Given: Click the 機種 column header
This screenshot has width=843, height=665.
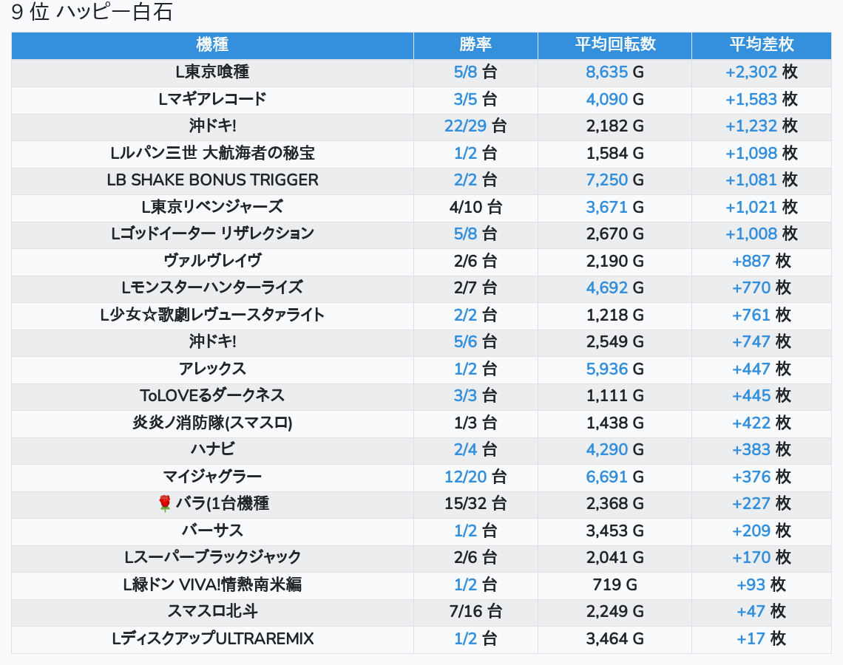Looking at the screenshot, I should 212,45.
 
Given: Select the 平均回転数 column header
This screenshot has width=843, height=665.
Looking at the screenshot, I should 615,45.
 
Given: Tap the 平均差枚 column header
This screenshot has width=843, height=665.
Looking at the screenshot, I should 761,45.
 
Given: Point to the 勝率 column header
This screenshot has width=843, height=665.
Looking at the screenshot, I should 475,45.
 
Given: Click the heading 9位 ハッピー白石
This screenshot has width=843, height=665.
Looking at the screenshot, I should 92,13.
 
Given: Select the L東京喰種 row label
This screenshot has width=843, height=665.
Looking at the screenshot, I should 212,72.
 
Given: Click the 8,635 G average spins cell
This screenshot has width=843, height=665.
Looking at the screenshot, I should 615,72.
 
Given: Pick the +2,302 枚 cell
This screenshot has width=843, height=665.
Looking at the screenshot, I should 761,72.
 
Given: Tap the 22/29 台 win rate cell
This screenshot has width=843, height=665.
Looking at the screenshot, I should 475,126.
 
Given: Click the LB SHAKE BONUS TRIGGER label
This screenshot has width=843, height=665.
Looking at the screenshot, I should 212,180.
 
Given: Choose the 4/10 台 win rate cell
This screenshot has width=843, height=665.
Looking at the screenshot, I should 475,207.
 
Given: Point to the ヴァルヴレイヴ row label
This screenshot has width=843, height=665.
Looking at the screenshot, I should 212,261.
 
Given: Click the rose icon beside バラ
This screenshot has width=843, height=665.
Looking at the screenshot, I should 165,504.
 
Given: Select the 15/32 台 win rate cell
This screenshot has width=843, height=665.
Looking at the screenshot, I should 475,504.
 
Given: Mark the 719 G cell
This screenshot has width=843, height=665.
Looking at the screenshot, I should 615,585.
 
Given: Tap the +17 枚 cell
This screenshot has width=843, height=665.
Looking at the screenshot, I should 761,639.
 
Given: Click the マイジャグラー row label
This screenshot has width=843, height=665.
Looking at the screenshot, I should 212,477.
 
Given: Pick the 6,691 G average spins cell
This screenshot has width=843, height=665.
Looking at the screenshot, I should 615,477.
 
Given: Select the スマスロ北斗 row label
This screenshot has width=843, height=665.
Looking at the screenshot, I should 212,612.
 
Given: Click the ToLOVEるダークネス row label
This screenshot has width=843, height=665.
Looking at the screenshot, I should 212,396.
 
